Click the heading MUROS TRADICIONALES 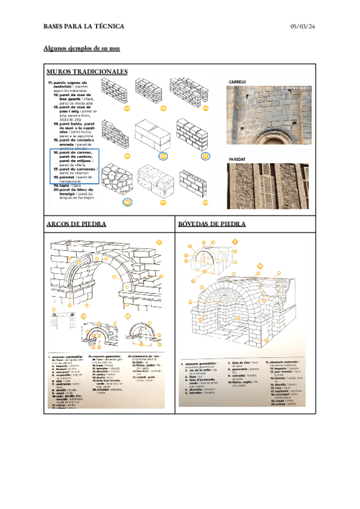click(x=86, y=71)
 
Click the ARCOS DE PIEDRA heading click(x=76, y=224)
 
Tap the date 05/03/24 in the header click(x=303, y=26)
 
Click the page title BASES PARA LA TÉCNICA click(x=83, y=26)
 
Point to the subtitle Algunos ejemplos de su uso click(x=82, y=48)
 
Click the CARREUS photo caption click(x=238, y=82)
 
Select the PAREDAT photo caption click(x=238, y=159)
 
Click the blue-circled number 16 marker click(x=163, y=155)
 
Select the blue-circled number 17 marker click(x=205, y=155)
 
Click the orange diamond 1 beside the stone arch click(x=159, y=242)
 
